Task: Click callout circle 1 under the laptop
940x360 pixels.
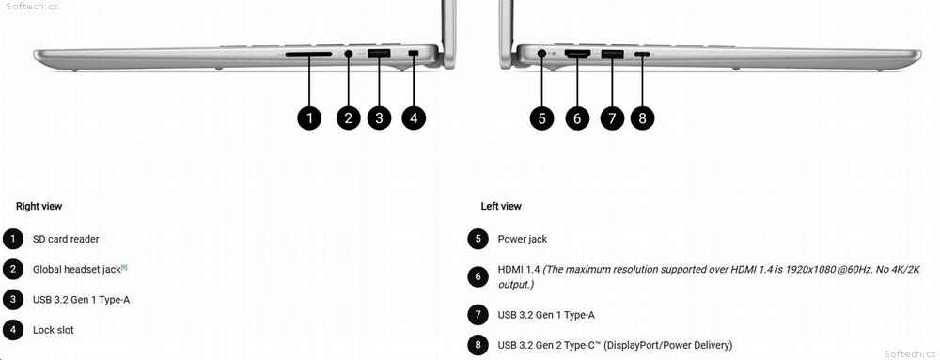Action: (309, 118)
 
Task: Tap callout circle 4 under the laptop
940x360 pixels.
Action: (414, 118)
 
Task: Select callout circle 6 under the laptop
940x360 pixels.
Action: (577, 118)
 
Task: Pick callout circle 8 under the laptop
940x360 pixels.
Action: (643, 118)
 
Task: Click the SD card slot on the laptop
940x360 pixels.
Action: (308, 54)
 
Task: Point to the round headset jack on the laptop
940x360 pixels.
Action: (349, 54)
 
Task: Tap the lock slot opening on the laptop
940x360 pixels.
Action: (414, 54)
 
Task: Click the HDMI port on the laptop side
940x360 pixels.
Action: (577, 54)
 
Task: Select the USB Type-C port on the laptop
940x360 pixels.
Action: (643, 55)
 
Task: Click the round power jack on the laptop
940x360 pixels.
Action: (542, 54)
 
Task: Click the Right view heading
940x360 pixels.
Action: (39, 206)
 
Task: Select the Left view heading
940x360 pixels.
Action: (501, 206)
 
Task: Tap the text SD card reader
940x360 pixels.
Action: (66, 239)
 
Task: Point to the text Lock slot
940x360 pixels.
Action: (54, 330)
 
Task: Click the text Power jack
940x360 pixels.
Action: (522, 239)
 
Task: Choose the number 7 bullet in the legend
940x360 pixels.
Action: (478, 315)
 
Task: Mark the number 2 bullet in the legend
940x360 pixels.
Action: (12, 269)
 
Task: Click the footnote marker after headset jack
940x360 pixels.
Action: (124, 267)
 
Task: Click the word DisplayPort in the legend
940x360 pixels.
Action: (634, 346)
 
